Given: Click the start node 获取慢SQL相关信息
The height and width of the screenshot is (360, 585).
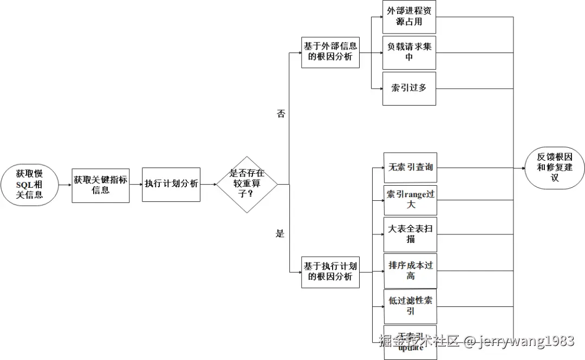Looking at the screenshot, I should coord(29,185).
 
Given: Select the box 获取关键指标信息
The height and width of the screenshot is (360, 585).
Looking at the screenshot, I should coord(101,185).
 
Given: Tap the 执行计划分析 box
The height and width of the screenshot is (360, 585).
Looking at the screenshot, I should coord(171,184).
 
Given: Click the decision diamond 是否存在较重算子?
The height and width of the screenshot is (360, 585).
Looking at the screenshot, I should coord(246,185).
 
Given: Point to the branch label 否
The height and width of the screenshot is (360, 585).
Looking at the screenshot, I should coord(281,114).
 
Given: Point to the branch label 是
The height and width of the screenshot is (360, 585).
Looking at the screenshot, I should coord(280,234).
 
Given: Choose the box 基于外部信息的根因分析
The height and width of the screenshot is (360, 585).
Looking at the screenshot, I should coord(330,52).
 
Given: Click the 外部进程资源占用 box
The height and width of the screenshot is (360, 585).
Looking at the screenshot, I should coord(409,17).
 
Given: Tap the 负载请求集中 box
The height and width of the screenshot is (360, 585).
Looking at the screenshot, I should coord(409,53).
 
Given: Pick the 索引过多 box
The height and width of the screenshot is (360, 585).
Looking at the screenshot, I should coord(409,88).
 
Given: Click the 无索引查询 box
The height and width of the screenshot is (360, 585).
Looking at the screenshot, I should coord(410,167).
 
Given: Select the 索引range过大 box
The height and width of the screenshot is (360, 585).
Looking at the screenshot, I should coord(410,200).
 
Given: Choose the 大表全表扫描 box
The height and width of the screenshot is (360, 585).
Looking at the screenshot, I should coord(410,234).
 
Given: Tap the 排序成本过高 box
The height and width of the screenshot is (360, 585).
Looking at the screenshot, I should coord(410,271).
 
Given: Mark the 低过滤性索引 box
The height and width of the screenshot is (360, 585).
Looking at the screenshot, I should coord(410,306).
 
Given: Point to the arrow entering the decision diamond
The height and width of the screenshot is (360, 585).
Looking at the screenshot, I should coord(208,185).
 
